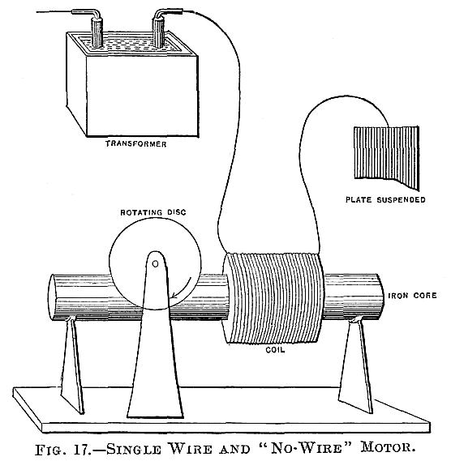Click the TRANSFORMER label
[x=136, y=143]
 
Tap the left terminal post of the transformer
[x=97, y=32]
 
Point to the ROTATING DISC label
[x=153, y=212]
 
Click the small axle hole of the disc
[x=155, y=264]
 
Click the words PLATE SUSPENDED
[x=385, y=199]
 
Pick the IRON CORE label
[x=412, y=296]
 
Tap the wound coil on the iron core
[x=273, y=297]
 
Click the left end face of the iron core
[x=53, y=297]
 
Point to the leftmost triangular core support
[x=72, y=365]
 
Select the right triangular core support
[x=355, y=366]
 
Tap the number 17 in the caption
[x=84, y=449]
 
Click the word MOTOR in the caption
[x=388, y=448]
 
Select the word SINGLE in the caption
[x=134, y=449]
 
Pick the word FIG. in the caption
[x=53, y=450]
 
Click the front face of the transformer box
[x=142, y=96]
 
